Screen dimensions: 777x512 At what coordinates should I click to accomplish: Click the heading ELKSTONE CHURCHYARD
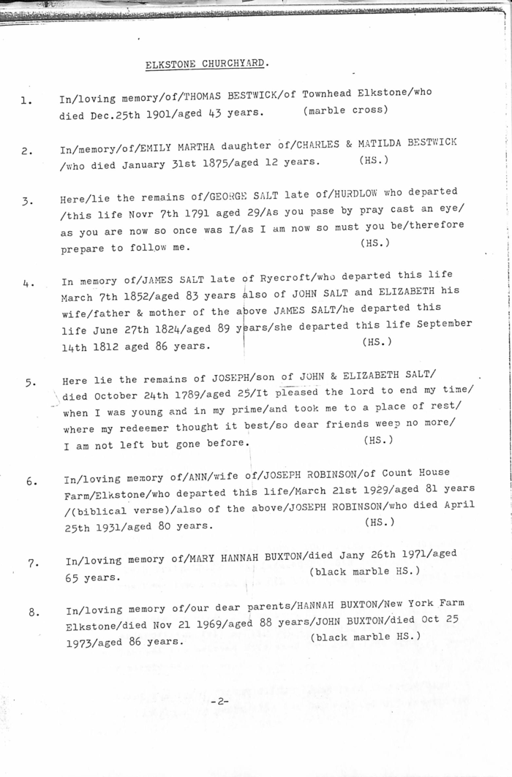pyautogui.click(x=207, y=64)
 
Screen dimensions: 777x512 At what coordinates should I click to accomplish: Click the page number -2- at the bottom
pyautogui.click(x=219, y=701)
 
